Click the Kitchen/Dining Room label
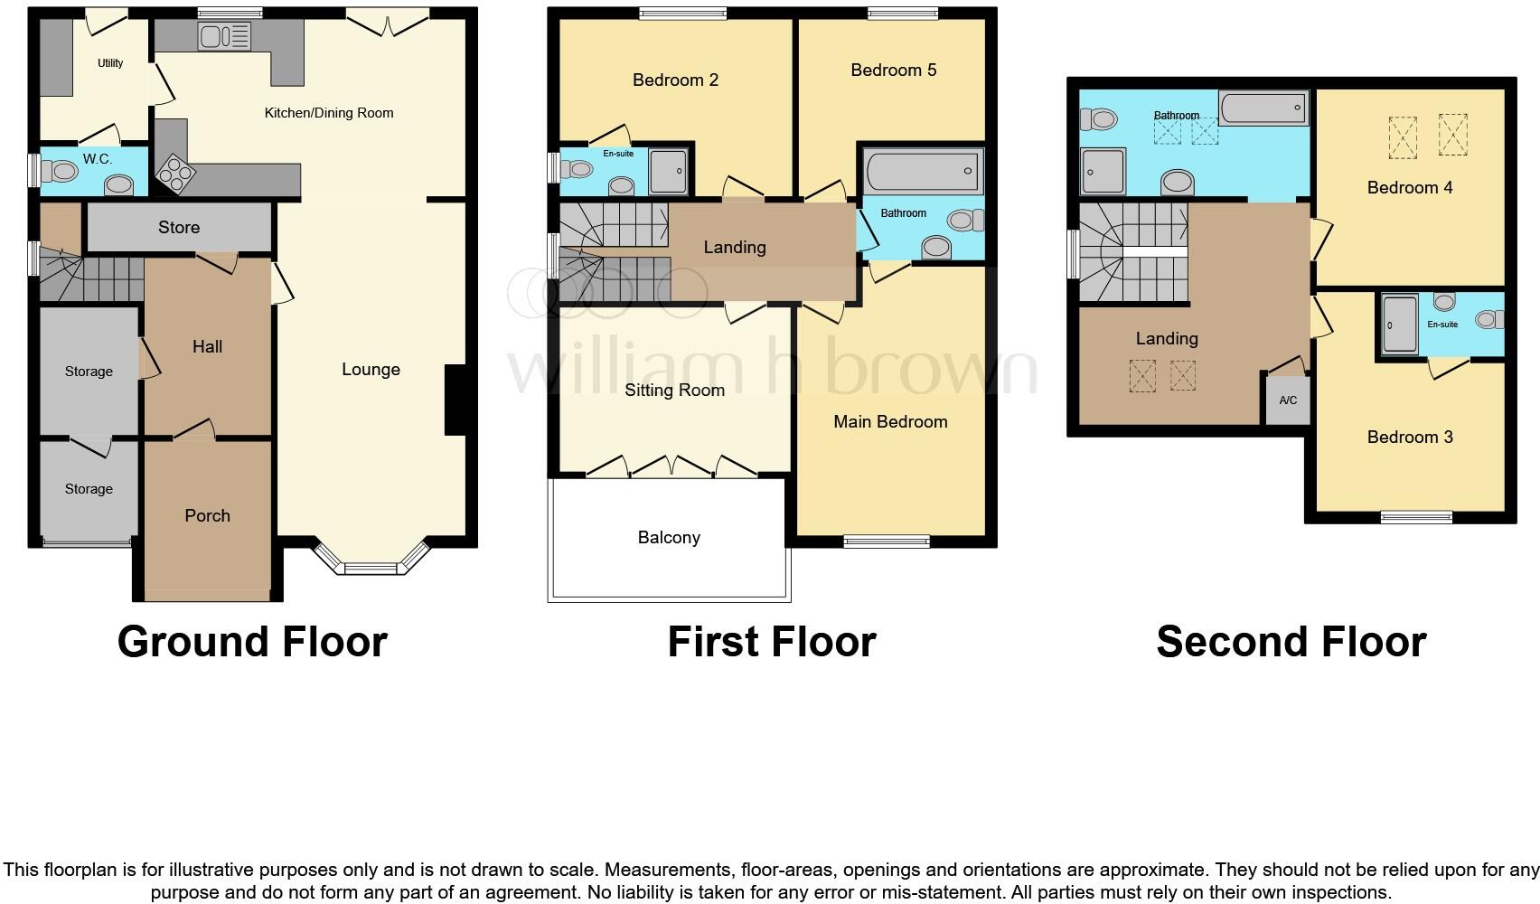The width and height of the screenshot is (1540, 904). (328, 113)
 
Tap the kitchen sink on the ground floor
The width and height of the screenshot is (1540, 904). (224, 37)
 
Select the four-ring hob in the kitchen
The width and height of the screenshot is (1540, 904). (174, 174)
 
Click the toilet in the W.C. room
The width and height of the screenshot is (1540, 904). (60, 170)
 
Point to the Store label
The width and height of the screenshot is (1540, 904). (179, 227)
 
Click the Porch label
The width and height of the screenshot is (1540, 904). (207, 515)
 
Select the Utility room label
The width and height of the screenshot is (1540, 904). (110, 63)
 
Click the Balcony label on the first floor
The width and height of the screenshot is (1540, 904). (669, 537)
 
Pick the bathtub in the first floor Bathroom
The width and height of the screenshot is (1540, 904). (922, 171)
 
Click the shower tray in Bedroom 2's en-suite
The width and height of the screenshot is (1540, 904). (669, 172)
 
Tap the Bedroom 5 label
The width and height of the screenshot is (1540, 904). (893, 70)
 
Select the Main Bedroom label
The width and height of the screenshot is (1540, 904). (890, 421)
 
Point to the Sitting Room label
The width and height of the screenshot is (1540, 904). (674, 390)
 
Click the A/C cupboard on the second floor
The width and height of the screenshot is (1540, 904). (1288, 400)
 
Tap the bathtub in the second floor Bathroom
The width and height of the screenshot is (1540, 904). (1263, 108)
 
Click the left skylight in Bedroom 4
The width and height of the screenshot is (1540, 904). (1403, 137)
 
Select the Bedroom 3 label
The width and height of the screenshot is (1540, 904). (1409, 437)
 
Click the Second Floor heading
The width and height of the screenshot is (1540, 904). (1291, 642)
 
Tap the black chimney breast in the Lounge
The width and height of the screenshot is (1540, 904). (455, 400)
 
